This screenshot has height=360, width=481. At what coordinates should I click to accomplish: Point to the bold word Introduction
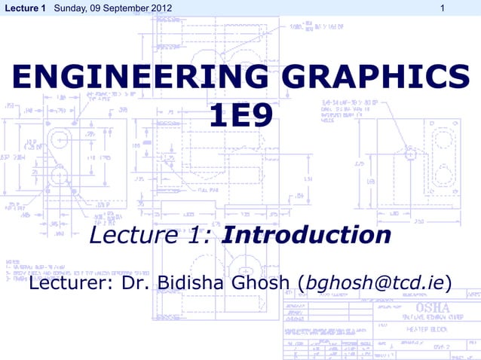tap(307, 236)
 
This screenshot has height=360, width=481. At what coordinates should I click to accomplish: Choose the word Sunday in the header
tap(70, 8)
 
